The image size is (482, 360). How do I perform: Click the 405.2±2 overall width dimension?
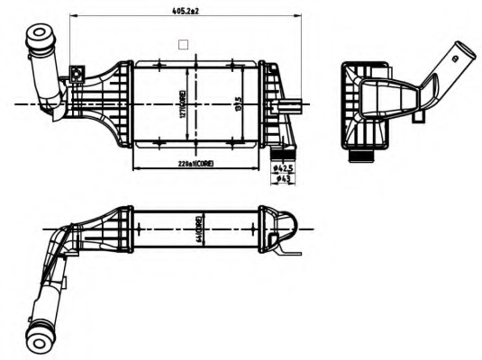[x=186, y=11]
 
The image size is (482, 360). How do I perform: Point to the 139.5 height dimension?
[x=239, y=103]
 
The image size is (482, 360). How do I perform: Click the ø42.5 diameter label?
[x=284, y=166]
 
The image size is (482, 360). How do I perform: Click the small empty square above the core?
[x=184, y=42]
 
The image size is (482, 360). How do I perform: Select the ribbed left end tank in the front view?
[x=108, y=103]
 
